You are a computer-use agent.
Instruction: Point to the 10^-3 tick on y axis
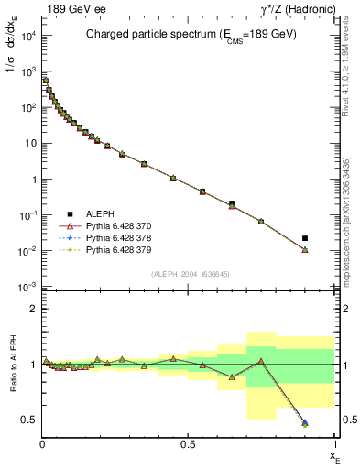point(26,287)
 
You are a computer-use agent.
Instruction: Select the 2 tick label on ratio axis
point(31,309)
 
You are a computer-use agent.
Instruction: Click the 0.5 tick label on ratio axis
point(28,420)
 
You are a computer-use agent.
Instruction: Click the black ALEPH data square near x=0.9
point(305,238)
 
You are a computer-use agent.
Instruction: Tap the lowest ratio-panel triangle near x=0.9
point(305,423)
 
